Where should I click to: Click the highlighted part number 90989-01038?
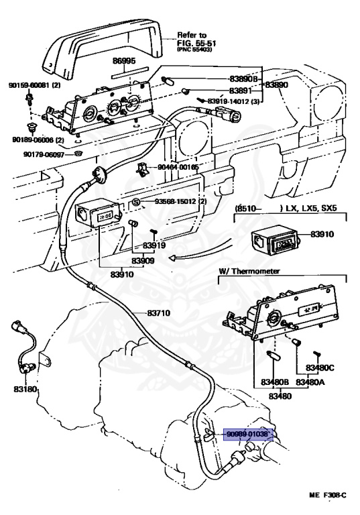[248, 435]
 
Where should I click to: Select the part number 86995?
[124, 61]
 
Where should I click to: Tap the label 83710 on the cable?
[159, 313]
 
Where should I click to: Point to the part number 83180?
[25, 390]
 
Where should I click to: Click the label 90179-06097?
[44, 154]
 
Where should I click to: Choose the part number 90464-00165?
[178, 167]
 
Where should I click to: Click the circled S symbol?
[136, 202]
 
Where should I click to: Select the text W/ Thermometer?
[249, 272]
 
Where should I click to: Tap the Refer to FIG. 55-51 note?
[196, 42]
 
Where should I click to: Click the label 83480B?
[275, 382]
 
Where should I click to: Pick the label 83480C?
[320, 367]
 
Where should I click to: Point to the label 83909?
[143, 261]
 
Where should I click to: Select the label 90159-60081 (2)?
[34, 85]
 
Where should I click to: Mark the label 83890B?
[243, 79]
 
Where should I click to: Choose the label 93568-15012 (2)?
[176, 201]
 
